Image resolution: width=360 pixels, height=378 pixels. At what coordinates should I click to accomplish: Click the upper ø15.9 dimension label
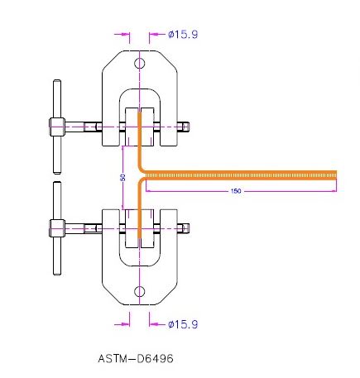click(182, 35)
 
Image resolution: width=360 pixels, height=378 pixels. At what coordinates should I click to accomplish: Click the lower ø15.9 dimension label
click(182, 323)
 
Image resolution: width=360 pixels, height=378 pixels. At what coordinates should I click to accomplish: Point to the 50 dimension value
click(122, 177)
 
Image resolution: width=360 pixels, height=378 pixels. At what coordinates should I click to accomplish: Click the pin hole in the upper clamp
click(140, 63)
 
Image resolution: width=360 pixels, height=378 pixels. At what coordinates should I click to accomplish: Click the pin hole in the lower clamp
click(140, 290)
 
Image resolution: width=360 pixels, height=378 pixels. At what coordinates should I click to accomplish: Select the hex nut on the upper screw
click(56, 127)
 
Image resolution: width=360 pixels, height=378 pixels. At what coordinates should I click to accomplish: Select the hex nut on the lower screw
click(56, 227)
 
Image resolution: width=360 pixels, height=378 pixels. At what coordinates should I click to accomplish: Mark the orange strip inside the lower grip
click(140, 223)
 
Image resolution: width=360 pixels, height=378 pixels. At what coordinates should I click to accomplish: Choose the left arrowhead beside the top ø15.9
click(127, 35)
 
